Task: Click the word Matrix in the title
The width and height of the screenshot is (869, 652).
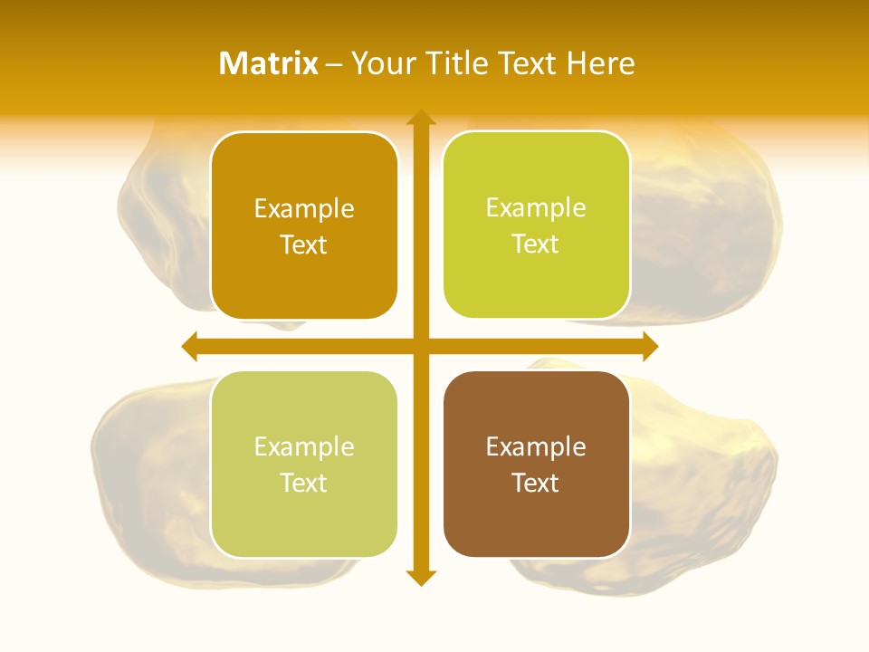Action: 269,62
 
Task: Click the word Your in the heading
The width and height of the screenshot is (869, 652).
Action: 381,62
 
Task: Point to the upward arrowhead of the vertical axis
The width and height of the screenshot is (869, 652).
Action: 421,118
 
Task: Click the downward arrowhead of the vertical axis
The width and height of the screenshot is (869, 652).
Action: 421,577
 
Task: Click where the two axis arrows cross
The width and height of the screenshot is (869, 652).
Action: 421,346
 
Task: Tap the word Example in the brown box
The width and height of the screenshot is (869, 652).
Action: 536,446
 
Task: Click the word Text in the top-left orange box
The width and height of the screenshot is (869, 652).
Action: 304,244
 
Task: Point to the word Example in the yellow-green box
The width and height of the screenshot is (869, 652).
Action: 536,207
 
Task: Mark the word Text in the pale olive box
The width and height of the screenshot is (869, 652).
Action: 304,483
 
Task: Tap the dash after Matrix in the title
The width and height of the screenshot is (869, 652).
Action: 333,63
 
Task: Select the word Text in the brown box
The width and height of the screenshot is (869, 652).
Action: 536,483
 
